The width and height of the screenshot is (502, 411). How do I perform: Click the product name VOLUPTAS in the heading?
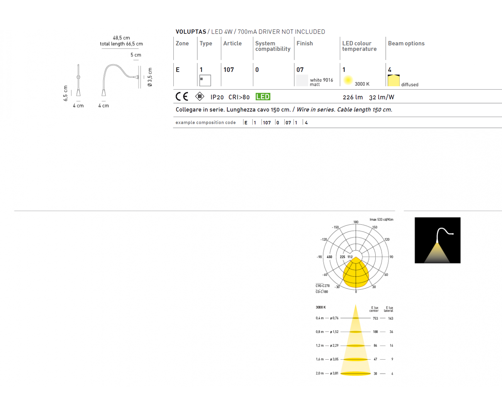click(x=191, y=32)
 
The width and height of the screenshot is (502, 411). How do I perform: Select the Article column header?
click(x=232, y=43)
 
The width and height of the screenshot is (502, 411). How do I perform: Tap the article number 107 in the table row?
click(x=229, y=70)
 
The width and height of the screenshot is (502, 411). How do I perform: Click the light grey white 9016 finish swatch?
click(x=302, y=80)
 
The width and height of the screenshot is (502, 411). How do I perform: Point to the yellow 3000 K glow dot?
click(x=348, y=80)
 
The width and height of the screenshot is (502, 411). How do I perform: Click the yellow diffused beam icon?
click(x=393, y=80)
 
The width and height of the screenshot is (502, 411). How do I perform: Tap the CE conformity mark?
click(x=182, y=97)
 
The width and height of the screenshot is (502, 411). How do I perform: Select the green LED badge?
click(x=263, y=97)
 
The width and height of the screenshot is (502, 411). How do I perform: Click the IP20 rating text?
click(x=217, y=97)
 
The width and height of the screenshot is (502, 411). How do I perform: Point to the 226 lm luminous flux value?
click(x=353, y=97)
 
